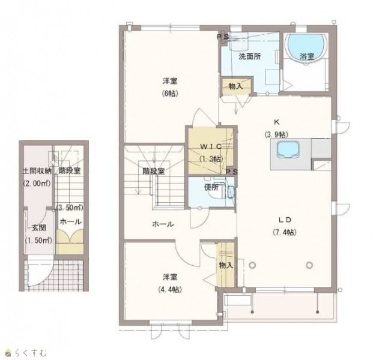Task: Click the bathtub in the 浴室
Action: tap(306, 48)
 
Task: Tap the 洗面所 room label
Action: tap(249, 56)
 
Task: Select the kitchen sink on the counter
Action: tap(288, 149)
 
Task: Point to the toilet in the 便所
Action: tap(217, 190)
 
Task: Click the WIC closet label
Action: tap(211, 147)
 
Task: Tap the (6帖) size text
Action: tap(170, 94)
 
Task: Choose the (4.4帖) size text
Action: tap(170, 289)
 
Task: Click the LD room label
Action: tap(285, 220)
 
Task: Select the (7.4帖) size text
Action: tap(285, 232)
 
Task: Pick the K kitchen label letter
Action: tap(276, 122)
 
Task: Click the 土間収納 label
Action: tap(37, 171)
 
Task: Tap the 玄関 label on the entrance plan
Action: tap(39, 228)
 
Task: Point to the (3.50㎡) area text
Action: tap(70, 208)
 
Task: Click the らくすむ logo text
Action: tap(31, 353)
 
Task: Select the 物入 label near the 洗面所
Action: tap(235, 86)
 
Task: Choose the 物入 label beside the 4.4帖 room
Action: tap(226, 265)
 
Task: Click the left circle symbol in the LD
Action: tap(252, 265)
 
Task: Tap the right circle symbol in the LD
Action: tap(309, 265)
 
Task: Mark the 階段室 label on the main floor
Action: tap(153, 171)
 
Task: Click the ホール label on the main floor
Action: tap(163, 224)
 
